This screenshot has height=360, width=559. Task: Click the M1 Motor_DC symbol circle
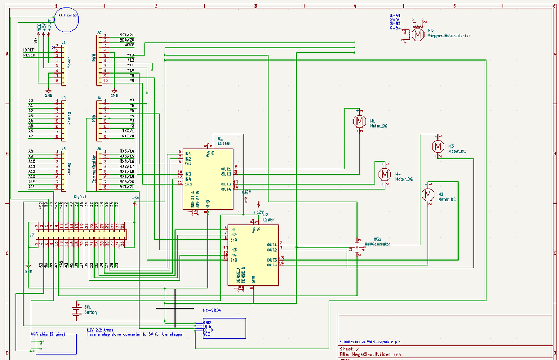click(x=358, y=121)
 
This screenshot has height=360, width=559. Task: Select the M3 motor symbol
click(x=437, y=146)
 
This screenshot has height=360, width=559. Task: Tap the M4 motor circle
click(x=385, y=174)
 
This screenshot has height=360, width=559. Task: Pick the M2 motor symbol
click(x=428, y=194)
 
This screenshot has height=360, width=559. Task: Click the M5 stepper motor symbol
click(x=417, y=34)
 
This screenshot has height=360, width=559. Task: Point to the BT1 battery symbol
click(x=76, y=310)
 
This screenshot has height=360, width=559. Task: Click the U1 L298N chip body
click(x=208, y=178)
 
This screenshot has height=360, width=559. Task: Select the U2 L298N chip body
click(x=253, y=255)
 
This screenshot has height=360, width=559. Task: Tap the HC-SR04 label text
click(x=212, y=311)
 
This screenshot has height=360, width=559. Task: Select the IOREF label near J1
click(x=29, y=50)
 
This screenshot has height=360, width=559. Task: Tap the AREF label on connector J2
click(x=130, y=45)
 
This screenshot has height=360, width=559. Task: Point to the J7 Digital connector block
click(x=81, y=234)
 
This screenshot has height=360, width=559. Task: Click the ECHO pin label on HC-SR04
click(x=207, y=330)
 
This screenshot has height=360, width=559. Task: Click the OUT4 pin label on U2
click(x=272, y=265)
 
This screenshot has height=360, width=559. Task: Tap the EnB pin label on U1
click(x=188, y=184)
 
